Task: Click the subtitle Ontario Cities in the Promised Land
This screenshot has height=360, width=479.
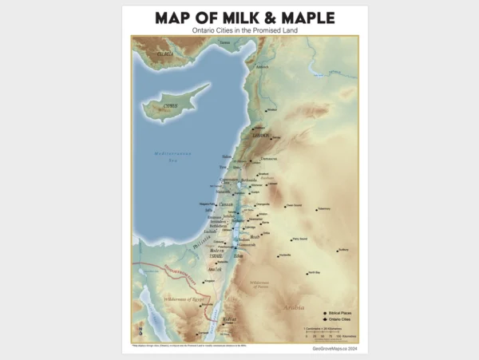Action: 239,30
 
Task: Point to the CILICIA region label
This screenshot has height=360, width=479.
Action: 166,53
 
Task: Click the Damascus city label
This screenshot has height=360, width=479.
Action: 269,158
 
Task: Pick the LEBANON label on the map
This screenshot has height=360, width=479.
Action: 262,136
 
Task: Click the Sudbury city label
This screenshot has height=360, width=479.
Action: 343,250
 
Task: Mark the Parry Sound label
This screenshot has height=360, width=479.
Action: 299,238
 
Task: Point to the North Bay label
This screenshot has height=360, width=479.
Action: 314,272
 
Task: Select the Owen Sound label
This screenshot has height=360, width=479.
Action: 294,204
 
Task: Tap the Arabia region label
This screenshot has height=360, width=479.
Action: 293,307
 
